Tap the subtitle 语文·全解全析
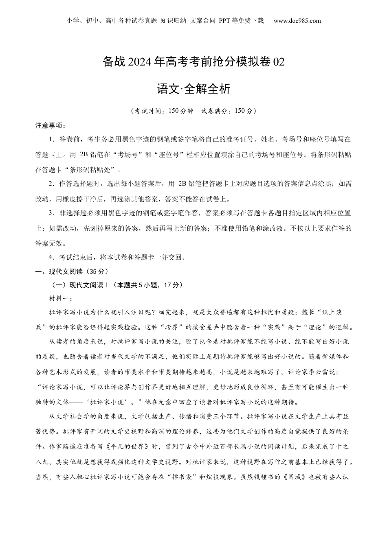(193, 89)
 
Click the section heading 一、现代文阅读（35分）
(72, 271)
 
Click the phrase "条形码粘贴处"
(93, 169)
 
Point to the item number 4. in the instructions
(52, 257)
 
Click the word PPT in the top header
(225, 21)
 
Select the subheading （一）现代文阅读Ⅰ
(77, 285)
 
